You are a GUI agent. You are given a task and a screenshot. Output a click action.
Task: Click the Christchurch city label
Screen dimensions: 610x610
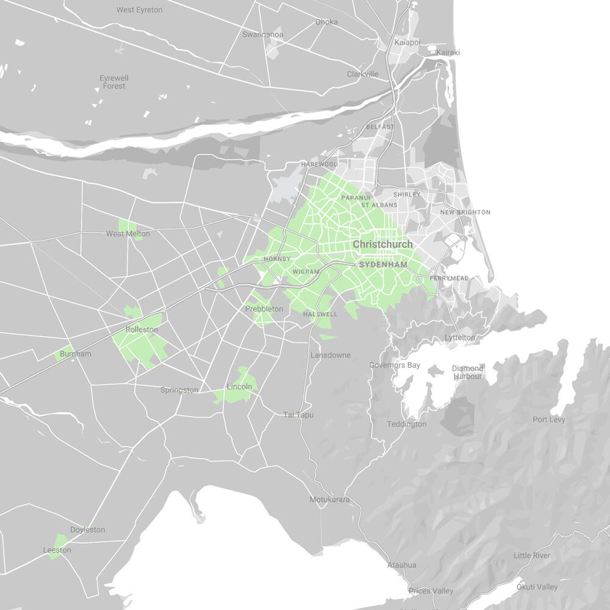click(x=382, y=244)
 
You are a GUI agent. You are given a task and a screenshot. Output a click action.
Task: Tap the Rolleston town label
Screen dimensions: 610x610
click(x=142, y=330)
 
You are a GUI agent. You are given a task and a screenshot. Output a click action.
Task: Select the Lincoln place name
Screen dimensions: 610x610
click(x=239, y=387)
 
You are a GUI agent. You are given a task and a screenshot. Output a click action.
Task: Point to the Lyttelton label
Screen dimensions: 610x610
click(x=460, y=337)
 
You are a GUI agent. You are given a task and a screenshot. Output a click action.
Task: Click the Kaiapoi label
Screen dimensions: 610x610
click(x=407, y=42)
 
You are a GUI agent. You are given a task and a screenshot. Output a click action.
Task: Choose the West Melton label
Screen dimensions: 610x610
click(x=127, y=234)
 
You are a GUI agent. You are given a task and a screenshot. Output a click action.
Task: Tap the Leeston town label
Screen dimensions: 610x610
click(x=57, y=550)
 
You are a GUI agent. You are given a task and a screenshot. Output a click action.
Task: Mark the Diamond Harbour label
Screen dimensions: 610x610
click(x=468, y=372)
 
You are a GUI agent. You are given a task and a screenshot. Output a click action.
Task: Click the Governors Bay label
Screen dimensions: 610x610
click(x=395, y=365)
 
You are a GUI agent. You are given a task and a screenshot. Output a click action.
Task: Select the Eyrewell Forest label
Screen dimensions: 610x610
click(x=114, y=82)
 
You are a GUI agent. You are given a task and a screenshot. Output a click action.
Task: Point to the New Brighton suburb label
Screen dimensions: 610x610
click(x=465, y=212)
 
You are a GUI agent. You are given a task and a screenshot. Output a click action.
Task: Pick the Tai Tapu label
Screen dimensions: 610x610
click(x=298, y=415)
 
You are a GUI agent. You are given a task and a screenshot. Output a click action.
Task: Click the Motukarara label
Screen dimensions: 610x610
click(x=329, y=500)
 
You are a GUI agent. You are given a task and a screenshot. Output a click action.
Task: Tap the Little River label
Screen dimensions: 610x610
click(x=532, y=555)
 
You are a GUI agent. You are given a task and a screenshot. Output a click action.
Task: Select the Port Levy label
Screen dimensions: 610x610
click(x=549, y=420)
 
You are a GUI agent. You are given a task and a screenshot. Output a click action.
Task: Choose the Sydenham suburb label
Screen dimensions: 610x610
click(x=383, y=265)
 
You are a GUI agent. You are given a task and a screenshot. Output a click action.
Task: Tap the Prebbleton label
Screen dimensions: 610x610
click(x=264, y=309)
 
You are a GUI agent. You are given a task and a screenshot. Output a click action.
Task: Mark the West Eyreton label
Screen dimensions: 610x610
click(x=140, y=10)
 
